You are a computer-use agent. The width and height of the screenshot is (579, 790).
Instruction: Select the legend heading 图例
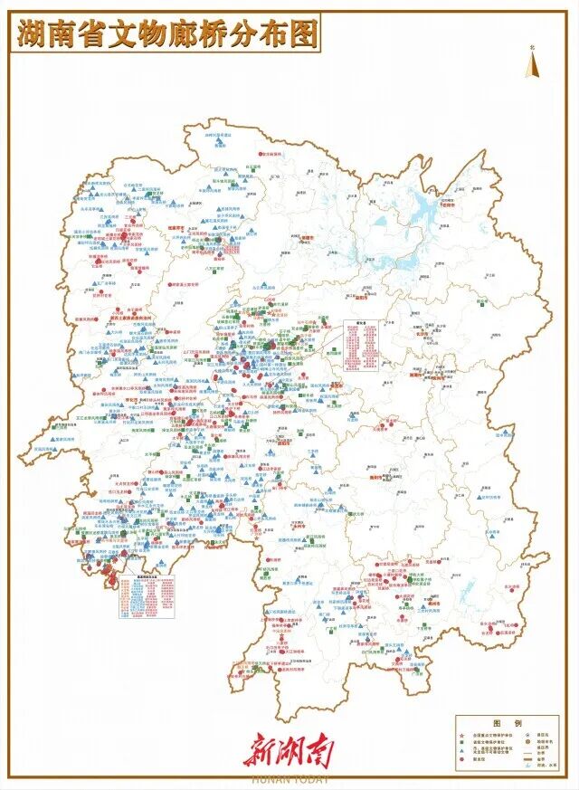pyautogui.click(x=503, y=722)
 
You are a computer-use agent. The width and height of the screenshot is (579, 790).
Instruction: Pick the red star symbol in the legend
pyautogui.click(x=462, y=734)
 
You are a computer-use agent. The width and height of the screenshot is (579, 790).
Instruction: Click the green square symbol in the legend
pyautogui.click(x=462, y=743)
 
